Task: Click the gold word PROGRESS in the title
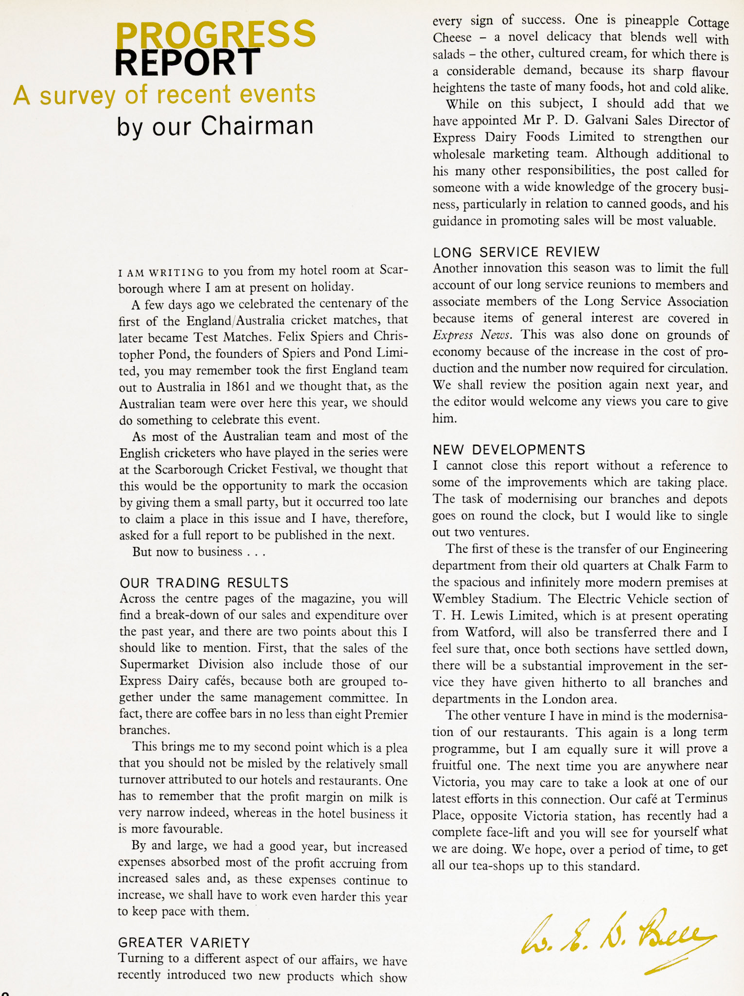216,34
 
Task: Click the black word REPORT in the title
187,62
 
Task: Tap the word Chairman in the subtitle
257,126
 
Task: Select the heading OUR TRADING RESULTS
204,583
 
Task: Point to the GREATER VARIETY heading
184,943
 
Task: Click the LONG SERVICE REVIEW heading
516,252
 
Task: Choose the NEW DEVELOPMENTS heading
509,449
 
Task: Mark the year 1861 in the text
237,387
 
